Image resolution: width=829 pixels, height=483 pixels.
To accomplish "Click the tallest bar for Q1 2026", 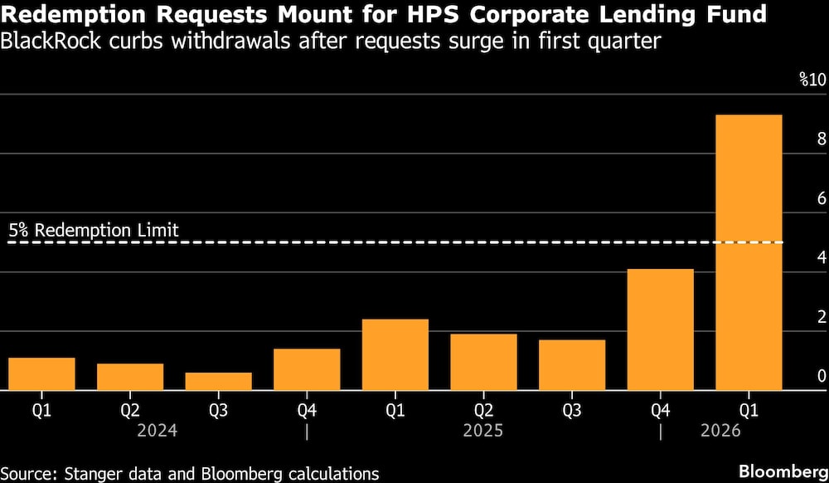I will pyautogui.click(x=749, y=252).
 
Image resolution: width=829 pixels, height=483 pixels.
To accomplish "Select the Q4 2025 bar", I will pyautogui.click(x=660, y=329).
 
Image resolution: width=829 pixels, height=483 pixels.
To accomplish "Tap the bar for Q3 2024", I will pyautogui.click(x=218, y=381).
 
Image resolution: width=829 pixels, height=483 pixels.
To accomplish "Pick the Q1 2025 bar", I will pyautogui.click(x=395, y=354).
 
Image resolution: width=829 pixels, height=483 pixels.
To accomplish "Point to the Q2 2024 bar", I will pyautogui.click(x=130, y=377).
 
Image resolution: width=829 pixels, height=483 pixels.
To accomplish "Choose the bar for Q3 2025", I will pyautogui.click(x=572, y=364).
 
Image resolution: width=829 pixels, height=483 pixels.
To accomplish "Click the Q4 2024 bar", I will pyautogui.click(x=307, y=369).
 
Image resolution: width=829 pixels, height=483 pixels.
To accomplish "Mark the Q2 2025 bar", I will pyautogui.click(x=483, y=362).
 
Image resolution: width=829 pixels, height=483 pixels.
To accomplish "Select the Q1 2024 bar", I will pyautogui.click(x=41, y=373).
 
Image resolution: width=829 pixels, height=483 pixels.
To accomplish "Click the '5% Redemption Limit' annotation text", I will pyautogui.click(x=94, y=230).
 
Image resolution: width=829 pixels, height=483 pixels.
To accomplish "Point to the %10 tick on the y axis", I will pyautogui.click(x=812, y=80).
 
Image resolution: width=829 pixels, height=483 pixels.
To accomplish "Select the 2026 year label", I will pyautogui.click(x=720, y=432).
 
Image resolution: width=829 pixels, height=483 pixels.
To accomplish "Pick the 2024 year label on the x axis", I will pyautogui.click(x=158, y=432).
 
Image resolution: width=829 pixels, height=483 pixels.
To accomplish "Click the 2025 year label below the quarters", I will pyautogui.click(x=482, y=432).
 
